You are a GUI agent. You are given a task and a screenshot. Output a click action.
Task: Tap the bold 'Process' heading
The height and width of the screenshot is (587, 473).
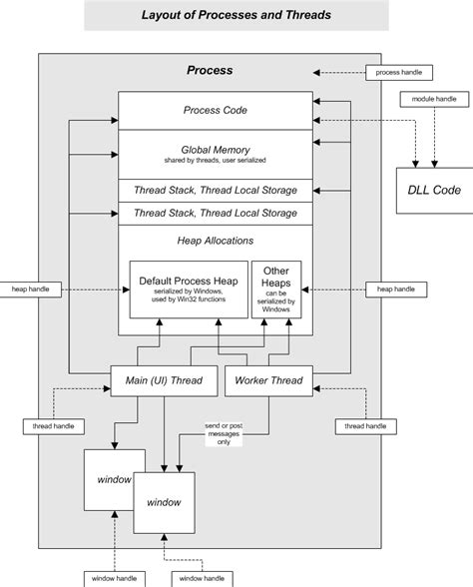[x=210, y=71]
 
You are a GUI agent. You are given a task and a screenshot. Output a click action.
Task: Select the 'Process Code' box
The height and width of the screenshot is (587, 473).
[x=215, y=110]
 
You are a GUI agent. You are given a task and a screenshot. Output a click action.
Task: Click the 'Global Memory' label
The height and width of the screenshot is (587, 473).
[x=215, y=146]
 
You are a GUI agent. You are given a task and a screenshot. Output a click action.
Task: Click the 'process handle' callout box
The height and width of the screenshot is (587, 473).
[x=400, y=73]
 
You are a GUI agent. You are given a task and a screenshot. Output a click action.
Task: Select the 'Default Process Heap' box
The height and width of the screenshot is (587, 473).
[x=189, y=290]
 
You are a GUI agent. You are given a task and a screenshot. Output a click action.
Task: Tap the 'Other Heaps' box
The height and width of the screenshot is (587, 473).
[x=276, y=290]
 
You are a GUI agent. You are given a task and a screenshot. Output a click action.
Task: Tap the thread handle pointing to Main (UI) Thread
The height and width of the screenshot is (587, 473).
[x=49, y=426]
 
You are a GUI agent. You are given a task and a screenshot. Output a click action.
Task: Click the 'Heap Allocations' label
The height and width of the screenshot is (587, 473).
[x=215, y=242]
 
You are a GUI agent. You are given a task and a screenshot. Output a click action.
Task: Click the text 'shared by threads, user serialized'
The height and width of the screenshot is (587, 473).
[x=215, y=160]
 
